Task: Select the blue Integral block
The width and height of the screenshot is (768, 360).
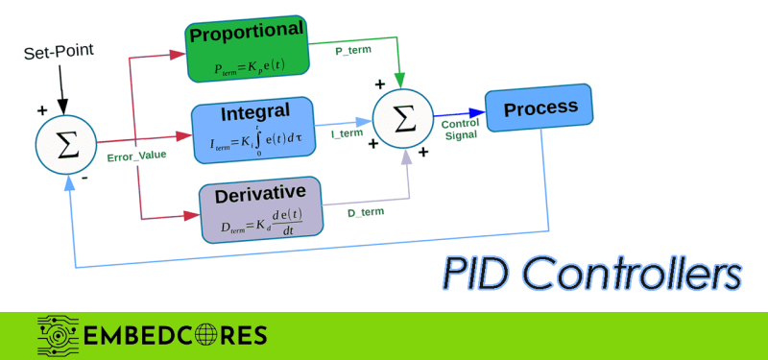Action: click(253, 130)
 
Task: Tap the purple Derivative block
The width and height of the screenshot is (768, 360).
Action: click(261, 209)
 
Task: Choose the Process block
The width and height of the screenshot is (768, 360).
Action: click(539, 108)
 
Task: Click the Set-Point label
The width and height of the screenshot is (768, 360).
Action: click(59, 52)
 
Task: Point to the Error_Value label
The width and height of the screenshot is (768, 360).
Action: click(136, 156)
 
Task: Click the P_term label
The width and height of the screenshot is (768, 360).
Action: click(353, 50)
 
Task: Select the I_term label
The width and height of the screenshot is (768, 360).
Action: click(347, 133)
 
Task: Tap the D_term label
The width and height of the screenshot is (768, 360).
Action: click(366, 212)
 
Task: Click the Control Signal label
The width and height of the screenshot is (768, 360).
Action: click(461, 130)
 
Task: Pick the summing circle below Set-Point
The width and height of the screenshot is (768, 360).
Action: click(65, 144)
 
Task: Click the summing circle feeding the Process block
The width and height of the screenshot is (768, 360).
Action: click(402, 119)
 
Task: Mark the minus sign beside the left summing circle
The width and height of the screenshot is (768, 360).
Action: click(84, 179)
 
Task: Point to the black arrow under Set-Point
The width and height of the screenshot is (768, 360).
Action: click(61, 88)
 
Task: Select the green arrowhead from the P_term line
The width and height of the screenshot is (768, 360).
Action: click(400, 80)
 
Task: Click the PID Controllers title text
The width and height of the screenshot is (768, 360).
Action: click(591, 273)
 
